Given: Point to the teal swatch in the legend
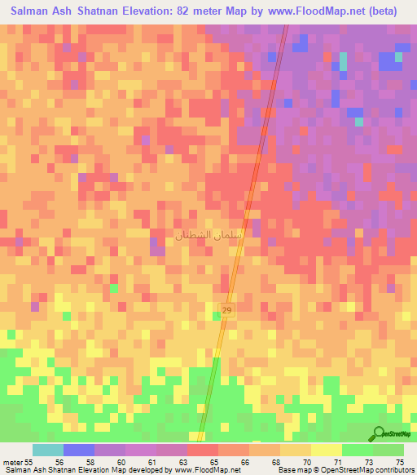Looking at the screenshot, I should point(48,450).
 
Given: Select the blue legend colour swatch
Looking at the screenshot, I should point(79,450).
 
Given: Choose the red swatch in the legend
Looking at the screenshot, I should point(203,450).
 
